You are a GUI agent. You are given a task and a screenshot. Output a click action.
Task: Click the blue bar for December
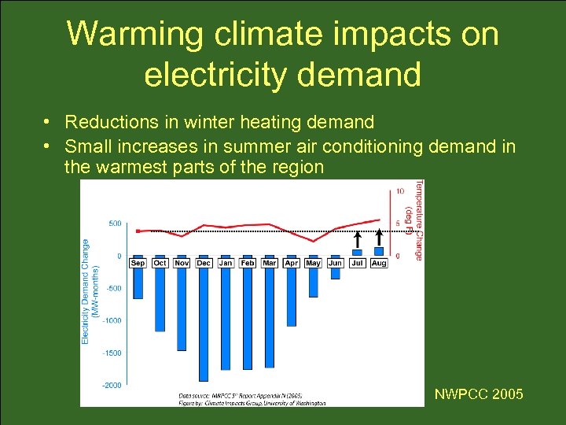click(x=204, y=323)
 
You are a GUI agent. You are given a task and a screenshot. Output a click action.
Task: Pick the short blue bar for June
click(x=335, y=272)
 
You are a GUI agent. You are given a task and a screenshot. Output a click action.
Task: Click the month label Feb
click(x=248, y=262)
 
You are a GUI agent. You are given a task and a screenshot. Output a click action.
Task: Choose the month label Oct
click(x=160, y=262)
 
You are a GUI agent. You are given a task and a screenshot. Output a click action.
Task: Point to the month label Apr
click(x=291, y=262)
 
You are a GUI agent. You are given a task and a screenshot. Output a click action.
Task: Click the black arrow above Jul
click(x=357, y=240)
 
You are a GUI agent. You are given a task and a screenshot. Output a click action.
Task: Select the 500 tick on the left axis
click(x=115, y=224)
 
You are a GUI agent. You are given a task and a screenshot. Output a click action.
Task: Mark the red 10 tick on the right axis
click(x=400, y=190)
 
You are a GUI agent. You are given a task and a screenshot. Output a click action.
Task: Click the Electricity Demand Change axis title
click(x=88, y=291)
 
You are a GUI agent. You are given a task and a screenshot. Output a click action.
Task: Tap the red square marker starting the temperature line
click(x=138, y=231)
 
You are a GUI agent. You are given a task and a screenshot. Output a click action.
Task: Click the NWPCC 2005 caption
click(x=478, y=394)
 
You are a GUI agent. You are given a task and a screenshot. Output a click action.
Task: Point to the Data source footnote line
click(x=241, y=395)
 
